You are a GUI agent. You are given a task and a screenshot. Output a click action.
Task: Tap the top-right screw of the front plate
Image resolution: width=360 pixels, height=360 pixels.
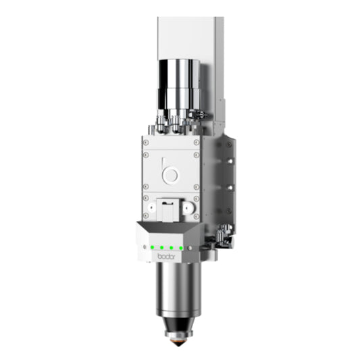tap(196, 143)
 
